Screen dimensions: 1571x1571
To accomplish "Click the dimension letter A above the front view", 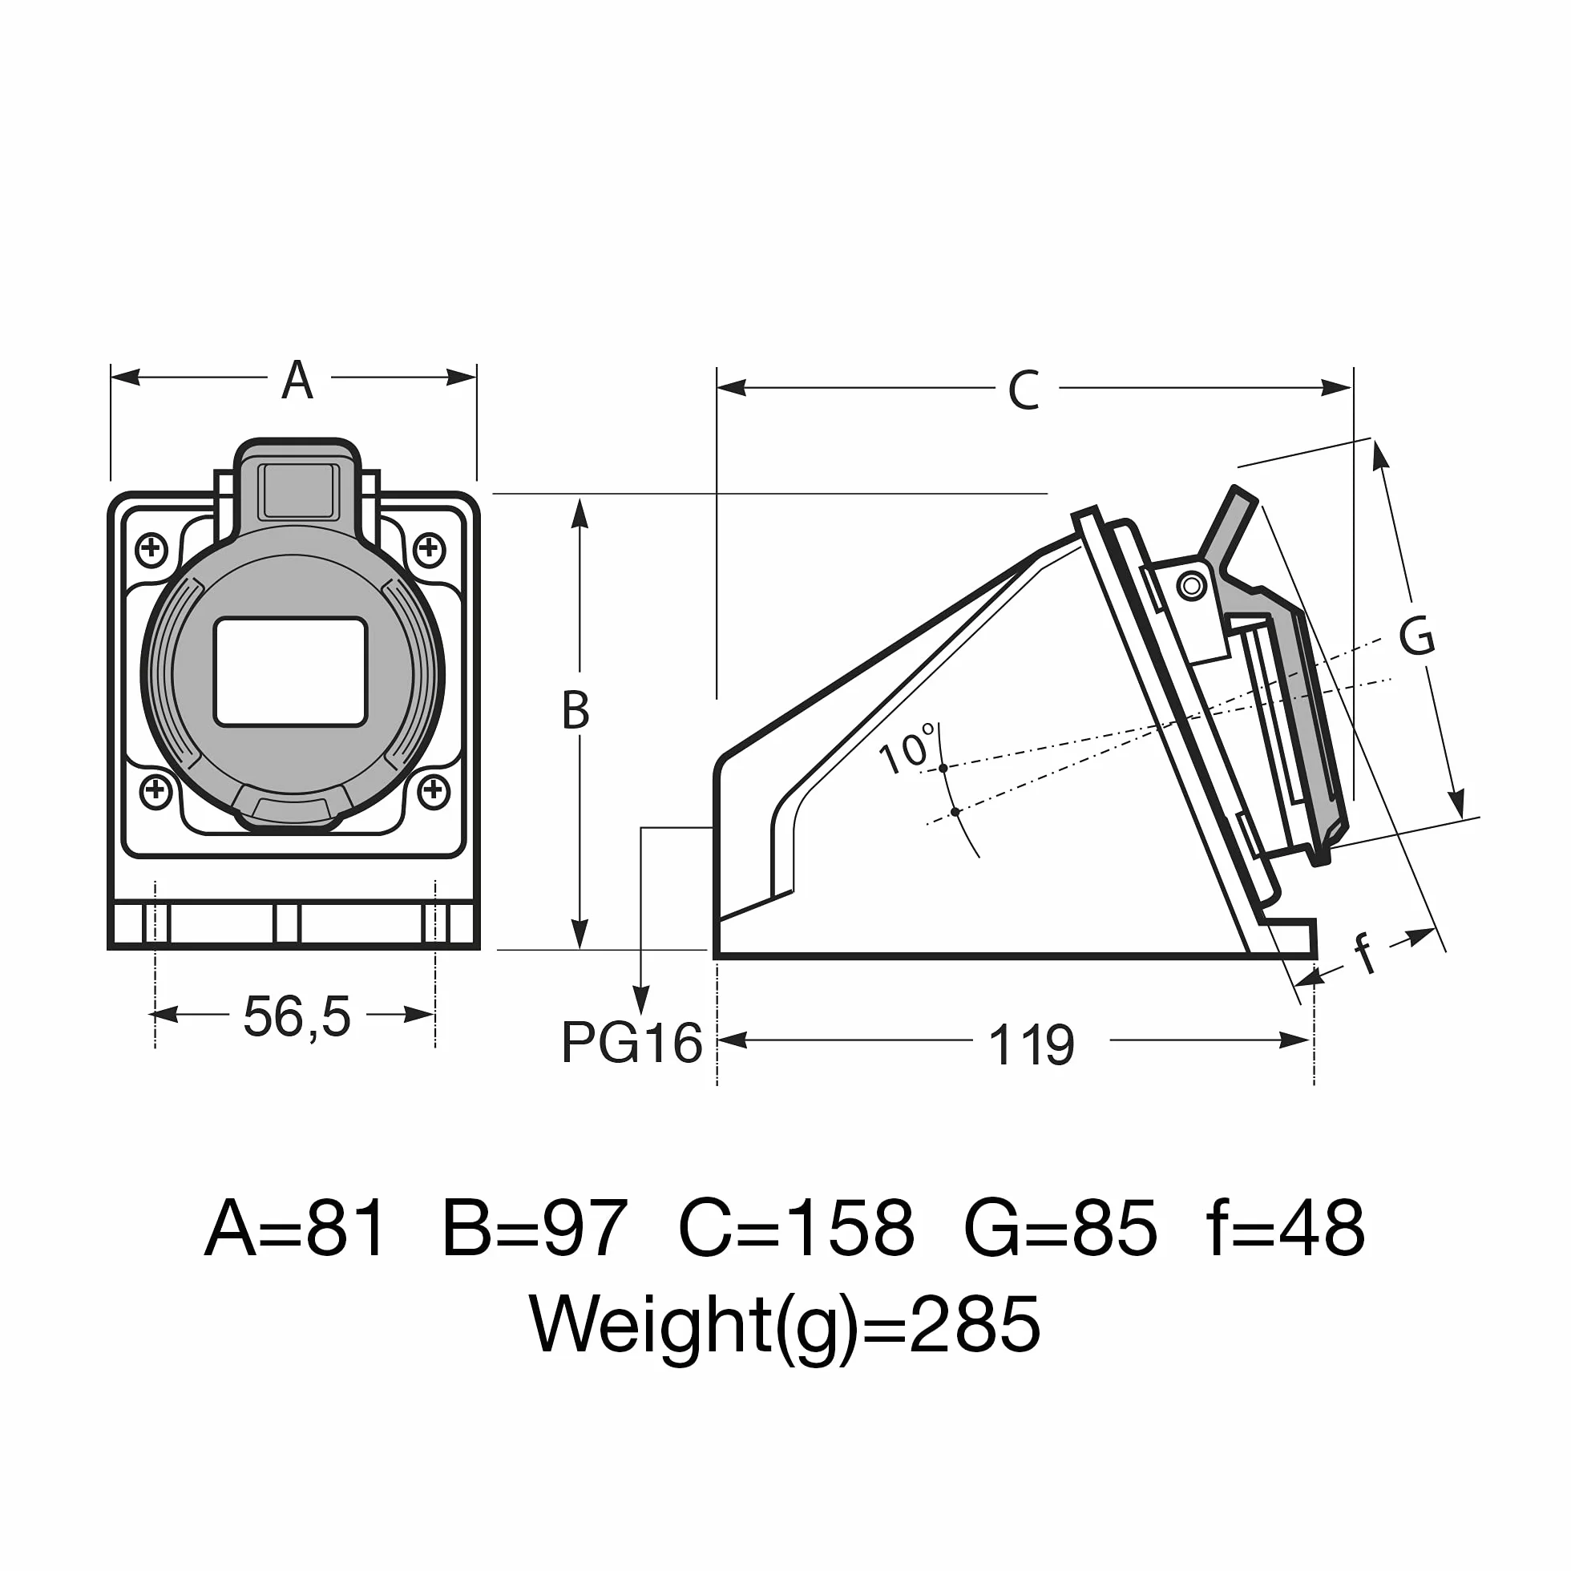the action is (297, 380).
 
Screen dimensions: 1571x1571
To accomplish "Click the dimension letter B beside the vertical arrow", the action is (575, 710).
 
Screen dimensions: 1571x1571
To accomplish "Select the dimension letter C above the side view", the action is (1023, 390).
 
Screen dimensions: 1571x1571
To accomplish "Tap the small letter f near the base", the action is (1366, 952).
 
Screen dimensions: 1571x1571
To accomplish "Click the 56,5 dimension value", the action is (297, 1017).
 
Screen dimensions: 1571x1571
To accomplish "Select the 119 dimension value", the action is (1031, 1045).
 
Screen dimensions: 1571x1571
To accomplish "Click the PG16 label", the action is (632, 1043).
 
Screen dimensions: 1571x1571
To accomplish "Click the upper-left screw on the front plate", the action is (151, 549).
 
